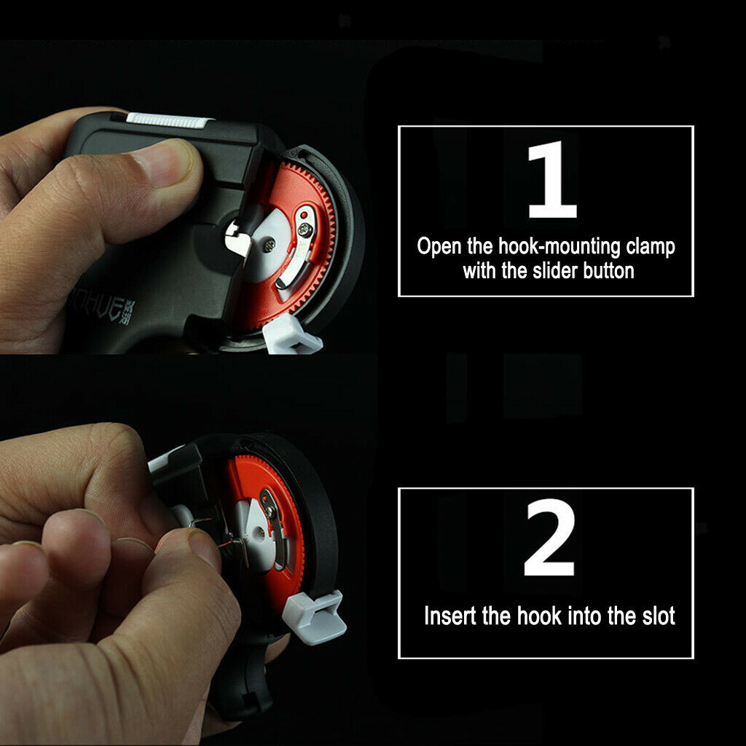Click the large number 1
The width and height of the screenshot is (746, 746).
tap(552, 180)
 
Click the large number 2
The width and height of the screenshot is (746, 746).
tap(549, 537)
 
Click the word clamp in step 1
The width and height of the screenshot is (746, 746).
tap(651, 247)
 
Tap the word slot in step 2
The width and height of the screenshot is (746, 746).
tap(659, 616)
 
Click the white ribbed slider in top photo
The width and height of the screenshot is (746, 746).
tap(168, 120)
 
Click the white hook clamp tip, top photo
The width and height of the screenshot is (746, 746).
tap(237, 237)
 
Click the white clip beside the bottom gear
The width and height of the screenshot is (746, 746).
tap(315, 617)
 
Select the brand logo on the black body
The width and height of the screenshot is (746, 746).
tap(102, 305)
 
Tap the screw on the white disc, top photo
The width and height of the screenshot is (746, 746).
tap(270, 246)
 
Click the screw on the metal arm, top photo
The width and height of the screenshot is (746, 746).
tap(305, 230)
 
